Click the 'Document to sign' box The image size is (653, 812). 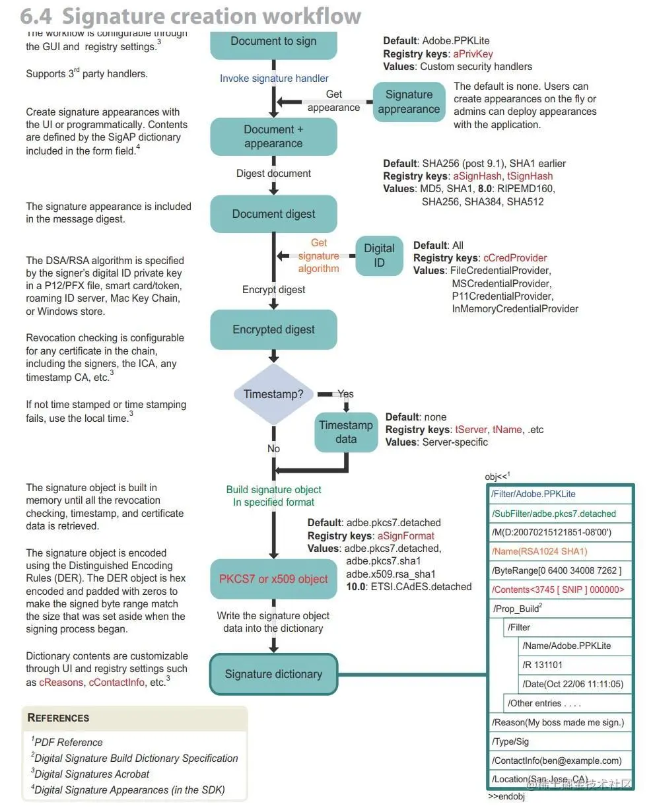click(273, 42)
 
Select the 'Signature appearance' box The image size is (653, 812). click(409, 102)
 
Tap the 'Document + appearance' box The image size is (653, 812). click(273, 137)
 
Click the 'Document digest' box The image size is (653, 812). click(273, 214)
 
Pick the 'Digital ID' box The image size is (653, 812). click(379, 255)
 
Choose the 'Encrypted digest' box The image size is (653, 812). click(273, 329)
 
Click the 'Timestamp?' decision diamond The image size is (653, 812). click(273, 394)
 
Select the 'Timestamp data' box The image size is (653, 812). click(346, 432)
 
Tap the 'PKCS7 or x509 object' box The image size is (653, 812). click(273, 579)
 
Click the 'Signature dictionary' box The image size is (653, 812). click(273, 674)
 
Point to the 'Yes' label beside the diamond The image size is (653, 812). click(345, 394)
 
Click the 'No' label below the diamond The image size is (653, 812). click(273, 449)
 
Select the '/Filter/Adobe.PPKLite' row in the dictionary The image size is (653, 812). click(533, 494)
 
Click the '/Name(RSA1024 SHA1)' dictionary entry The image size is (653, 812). click(539, 551)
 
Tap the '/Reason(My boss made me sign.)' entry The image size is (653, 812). click(558, 722)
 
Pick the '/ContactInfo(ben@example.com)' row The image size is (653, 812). click(557, 761)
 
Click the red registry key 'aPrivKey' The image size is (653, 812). click(473, 54)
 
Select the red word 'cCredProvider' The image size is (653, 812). click(515, 258)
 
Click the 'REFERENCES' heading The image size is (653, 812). click(59, 718)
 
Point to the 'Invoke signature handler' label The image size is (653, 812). click(274, 79)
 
